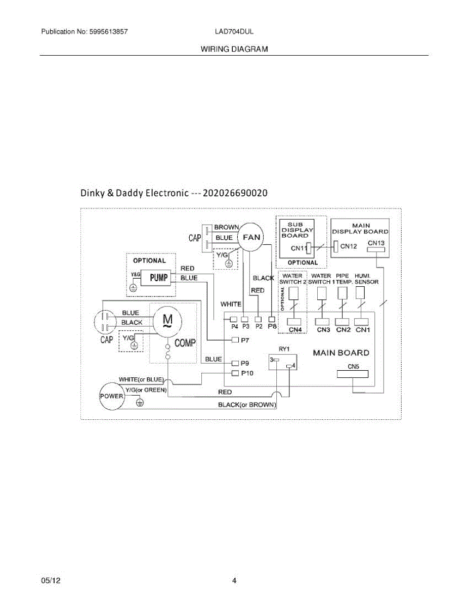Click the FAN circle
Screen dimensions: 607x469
[x=251, y=237]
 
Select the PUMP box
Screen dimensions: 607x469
[x=155, y=277]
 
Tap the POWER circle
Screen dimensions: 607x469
[x=111, y=396]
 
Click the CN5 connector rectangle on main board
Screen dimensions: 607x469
[x=353, y=375]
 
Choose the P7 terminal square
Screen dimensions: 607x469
[x=235, y=340]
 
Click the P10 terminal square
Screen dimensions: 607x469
[x=235, y=373]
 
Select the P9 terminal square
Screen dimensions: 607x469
[x=235, y=363]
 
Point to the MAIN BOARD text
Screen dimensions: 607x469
[x=341, y=353]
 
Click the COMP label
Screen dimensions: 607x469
[x=185, y=343]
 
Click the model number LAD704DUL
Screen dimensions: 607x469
[x=234, y=31]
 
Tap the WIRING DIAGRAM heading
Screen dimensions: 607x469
[x=234, y=49]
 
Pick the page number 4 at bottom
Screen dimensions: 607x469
[x=234, y=581]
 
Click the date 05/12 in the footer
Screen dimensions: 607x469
[x=51, y=581]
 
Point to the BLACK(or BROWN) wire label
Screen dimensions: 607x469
[x=247, y=405]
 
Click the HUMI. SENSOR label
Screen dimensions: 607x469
[x=366, y=279]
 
